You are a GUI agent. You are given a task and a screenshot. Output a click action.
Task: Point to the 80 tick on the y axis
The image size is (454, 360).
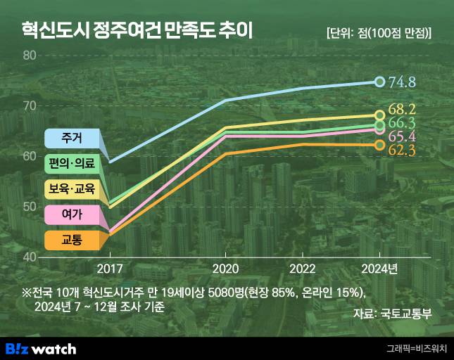(x=30, y=56)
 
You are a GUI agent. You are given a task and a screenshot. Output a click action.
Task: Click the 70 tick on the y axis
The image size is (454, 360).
(x=30, y=105)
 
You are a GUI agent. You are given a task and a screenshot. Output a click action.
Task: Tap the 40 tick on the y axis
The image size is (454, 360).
(x=30, y=257)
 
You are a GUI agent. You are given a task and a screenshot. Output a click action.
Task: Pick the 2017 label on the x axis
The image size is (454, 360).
(x=110, y=269)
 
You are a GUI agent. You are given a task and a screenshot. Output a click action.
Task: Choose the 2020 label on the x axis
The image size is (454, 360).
(x=225, y=269)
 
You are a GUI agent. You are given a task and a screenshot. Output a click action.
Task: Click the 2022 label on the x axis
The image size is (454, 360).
(x=303, y=269)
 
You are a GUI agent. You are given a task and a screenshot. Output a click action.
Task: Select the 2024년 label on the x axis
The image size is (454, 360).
(x=379, y=269)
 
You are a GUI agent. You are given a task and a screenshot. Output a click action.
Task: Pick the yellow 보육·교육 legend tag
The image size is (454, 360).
(x=71, y=189)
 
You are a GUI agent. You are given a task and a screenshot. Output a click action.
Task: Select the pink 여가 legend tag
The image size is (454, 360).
(x=71, y=214)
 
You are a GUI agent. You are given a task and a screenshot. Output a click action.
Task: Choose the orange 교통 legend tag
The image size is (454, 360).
(x=71, y=240)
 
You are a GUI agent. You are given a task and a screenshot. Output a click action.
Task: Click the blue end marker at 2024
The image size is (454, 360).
(x=379, y=82)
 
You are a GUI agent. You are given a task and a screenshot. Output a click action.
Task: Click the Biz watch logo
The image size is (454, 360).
(x=41, y=348)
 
